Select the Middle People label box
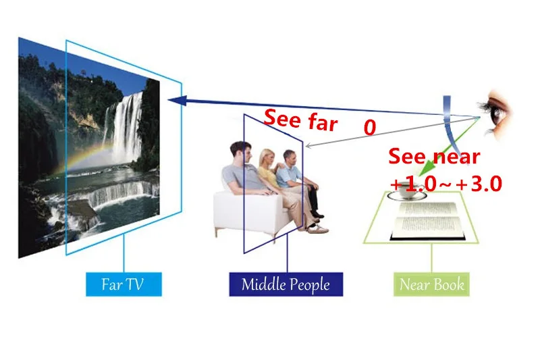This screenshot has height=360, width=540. (286, 284)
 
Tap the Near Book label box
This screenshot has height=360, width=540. (431, 284)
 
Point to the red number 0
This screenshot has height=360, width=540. (370, 128)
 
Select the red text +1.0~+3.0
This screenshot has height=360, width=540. (446, 184)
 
